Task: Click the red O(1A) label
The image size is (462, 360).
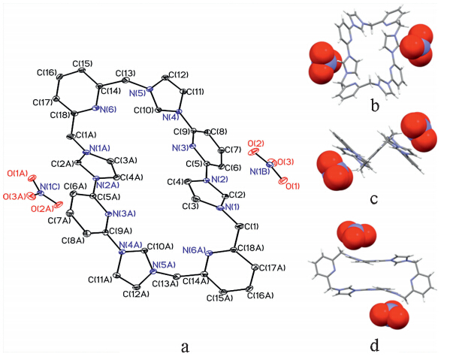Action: [x=18, y=174]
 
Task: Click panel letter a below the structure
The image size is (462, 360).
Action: [x=185, y=347]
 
